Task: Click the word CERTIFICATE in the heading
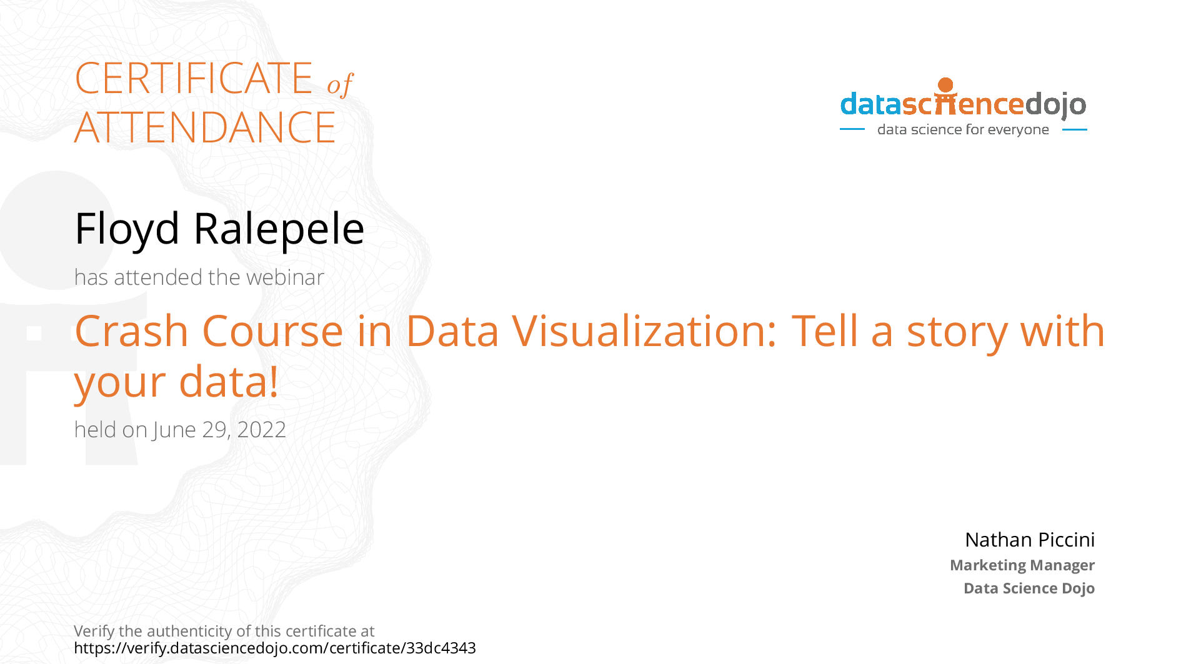tap(194, 79)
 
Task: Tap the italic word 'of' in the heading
tap(340, 84)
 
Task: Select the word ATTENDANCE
tap(205, 127)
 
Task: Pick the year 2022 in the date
tap(261, 430)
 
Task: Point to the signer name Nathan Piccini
tap(1030, 540)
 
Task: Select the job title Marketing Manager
tap(1022, 565)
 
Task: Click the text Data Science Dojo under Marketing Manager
tap(1029, 588)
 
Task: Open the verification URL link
tap(275, 648)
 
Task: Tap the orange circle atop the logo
tap(946, 85)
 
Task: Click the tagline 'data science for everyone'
tap(963, 130)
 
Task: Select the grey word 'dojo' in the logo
tap(1055, 105)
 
